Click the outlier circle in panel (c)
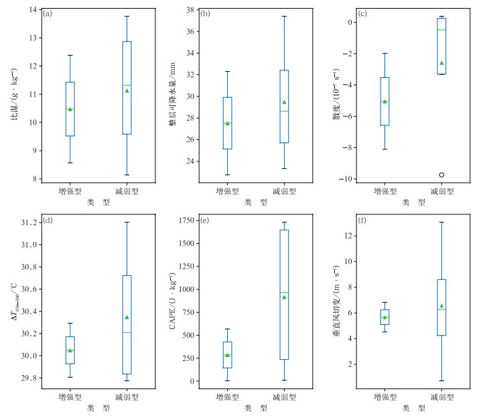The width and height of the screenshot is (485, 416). pyautogui.click(x=441, y=175)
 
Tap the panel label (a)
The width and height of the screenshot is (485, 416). pyautogui.click(x=48, y=13)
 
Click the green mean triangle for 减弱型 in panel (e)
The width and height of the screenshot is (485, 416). pyautogui.click(x=284, y=297)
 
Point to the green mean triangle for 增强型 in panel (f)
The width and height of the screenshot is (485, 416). pyautogui.click(x=385, y=318)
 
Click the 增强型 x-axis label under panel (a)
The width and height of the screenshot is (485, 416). pyautogui.click(x=70, y=191)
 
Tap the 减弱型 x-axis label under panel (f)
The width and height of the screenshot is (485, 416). pyautogui.click(x=441, y=397)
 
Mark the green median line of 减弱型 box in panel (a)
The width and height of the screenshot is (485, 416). pyautogui.click(x=127, y=85)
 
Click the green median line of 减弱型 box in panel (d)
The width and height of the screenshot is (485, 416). pyautogui.click(x=127, y=332)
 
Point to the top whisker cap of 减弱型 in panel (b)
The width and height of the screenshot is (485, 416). pyautogui.click(x=284, y=16)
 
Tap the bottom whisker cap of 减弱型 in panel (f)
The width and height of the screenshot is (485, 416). pyautogui.click(x=441, y=380)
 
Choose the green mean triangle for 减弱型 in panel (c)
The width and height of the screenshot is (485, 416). pyautogui.click(x=441, y=63)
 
